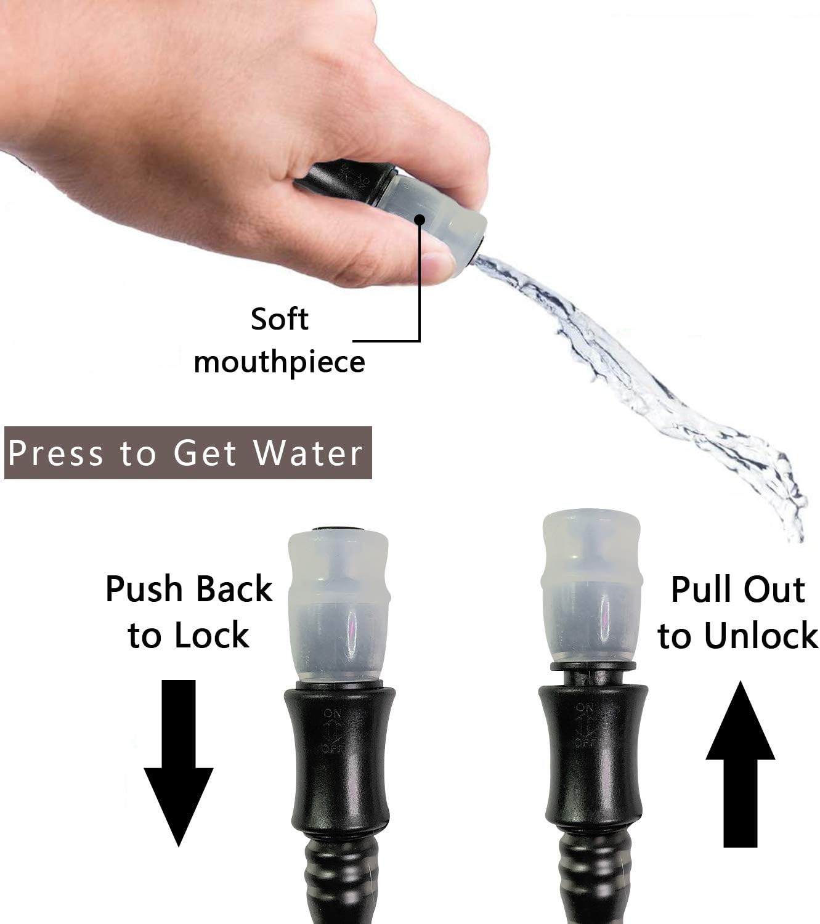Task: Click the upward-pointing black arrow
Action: (x=739, y=764)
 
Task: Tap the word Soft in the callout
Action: (x=279, y=320)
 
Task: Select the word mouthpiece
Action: (x=279, y=362)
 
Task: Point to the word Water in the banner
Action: (x=308, y=453)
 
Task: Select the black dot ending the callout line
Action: (x=420, y=219)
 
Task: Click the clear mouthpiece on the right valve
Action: (x=589, y=591)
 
